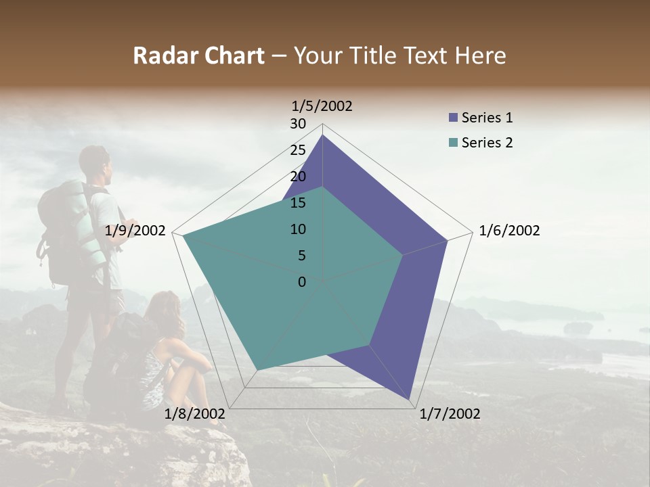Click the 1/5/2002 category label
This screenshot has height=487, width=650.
(322, 106)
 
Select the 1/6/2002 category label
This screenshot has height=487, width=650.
(509, 231)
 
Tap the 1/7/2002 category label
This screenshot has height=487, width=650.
(450, 414)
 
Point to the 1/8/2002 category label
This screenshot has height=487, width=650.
(195, 414)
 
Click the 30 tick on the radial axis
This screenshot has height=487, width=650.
(298, 124)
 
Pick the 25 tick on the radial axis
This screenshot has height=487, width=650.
(298, 150)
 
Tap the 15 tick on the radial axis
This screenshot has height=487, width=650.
(298, 203)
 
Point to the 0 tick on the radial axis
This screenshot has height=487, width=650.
(302, 282)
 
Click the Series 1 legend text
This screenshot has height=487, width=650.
(487, 118)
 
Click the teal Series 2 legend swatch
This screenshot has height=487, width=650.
(453, 143)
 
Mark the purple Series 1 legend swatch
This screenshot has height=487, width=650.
(453, 118)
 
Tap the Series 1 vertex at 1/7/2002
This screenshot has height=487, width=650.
(410, 400)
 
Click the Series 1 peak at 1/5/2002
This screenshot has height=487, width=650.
(323, 135)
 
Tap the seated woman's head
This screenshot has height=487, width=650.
(166, 310)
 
